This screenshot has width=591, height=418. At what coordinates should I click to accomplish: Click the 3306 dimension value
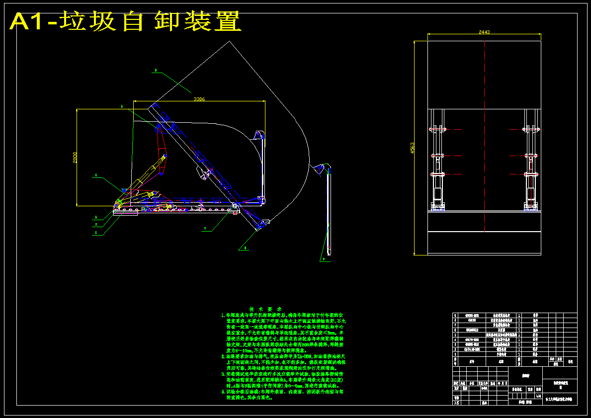[x=199, y=99]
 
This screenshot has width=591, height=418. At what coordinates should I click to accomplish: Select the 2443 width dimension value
[x=484, y=32]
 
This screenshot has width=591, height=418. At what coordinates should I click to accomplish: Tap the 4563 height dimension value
[x=412, y=148]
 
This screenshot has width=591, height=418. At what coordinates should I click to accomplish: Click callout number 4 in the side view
[x=96, y=176]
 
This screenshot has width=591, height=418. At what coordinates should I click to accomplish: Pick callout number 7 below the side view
[x=204, y=229]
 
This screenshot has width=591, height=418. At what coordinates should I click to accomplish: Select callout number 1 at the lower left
[x=95, y=233]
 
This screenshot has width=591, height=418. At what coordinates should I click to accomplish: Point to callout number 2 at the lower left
[x=95, y=225]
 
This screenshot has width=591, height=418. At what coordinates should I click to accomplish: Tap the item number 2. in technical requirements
[x=223, y=356]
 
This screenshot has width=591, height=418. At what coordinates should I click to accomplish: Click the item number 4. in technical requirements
[x=223, y=392]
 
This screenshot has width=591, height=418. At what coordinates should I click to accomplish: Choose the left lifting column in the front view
[x=437, y=159]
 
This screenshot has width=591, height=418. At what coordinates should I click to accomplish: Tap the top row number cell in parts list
[x=455, y=315]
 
